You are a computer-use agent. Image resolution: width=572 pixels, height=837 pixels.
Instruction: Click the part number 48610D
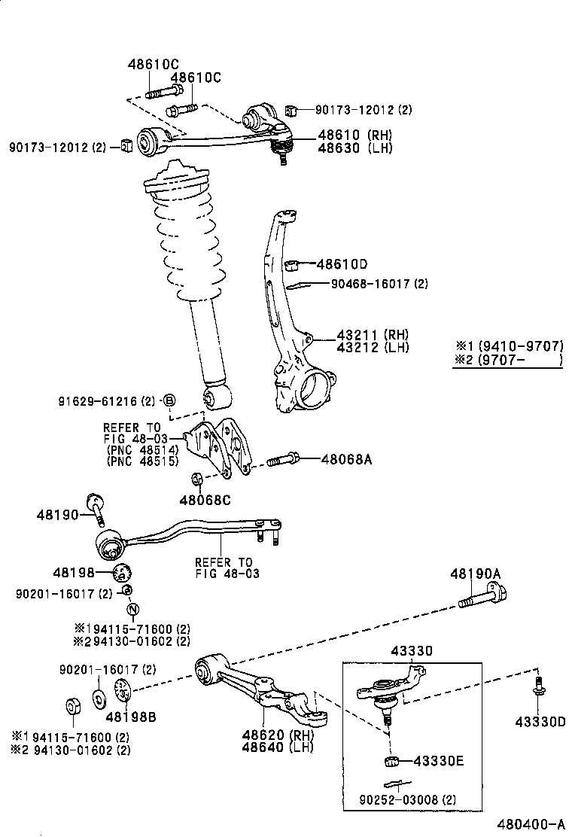coord(342,264)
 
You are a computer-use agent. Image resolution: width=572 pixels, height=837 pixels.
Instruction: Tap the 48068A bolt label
coord(346,458)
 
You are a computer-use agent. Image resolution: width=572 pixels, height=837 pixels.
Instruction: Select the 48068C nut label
coord(205,501)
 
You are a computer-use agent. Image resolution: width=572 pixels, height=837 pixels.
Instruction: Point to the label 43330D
coord(540,723)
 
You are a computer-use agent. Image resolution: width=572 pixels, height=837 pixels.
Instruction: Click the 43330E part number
coord(439,761)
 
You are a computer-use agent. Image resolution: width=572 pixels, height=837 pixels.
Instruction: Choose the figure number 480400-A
coord(531,824)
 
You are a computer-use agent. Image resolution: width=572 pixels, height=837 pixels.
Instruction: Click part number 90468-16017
coord(371,284)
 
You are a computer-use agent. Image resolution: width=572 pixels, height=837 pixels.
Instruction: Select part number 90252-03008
coord(399,799)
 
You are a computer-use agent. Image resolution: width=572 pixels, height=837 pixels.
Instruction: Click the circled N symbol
coord(133,609)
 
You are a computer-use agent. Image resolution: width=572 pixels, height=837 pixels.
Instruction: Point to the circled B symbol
coord(169,400)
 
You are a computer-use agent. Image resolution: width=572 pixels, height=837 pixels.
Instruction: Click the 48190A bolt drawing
coord(483,598)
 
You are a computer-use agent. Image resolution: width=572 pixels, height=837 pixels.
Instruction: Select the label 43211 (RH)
coord(373,335)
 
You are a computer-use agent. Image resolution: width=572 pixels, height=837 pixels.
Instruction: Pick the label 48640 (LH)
coord(278,747)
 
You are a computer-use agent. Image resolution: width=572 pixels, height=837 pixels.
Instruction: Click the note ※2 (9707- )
coord(508,360)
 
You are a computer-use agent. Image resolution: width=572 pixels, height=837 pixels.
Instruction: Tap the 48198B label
coord(131,717)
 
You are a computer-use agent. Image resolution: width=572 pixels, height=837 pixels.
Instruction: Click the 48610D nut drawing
coord(291,265)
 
